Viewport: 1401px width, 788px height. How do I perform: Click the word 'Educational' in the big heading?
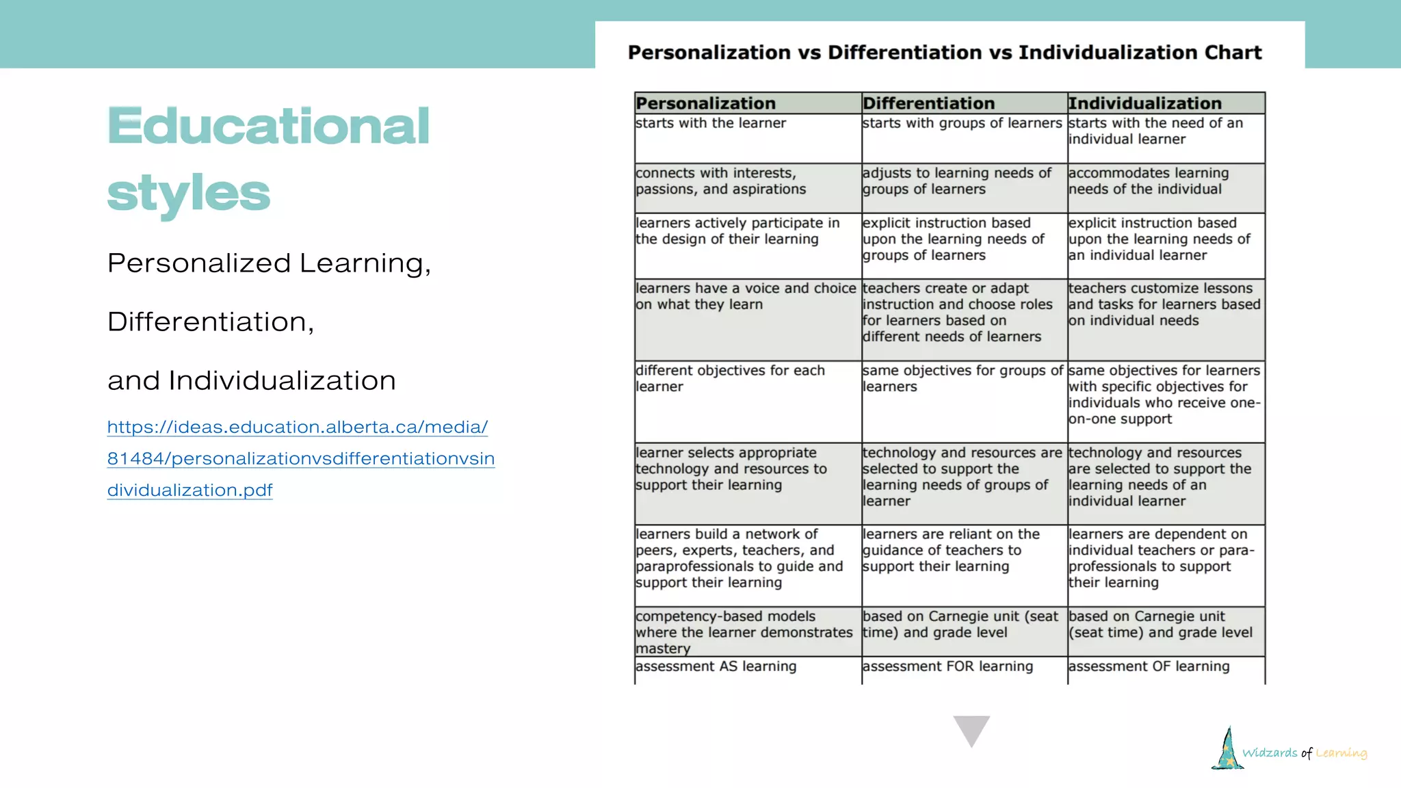click(269, 127)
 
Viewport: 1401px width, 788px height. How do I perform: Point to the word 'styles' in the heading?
click(189, 193)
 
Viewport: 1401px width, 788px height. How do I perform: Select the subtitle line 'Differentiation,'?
click(211, 321)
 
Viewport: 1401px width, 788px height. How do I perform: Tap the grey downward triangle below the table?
click(971, 729)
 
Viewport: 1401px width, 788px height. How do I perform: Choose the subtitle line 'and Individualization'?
click(252, 380)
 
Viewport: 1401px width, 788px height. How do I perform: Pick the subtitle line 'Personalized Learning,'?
click(269, 263)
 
